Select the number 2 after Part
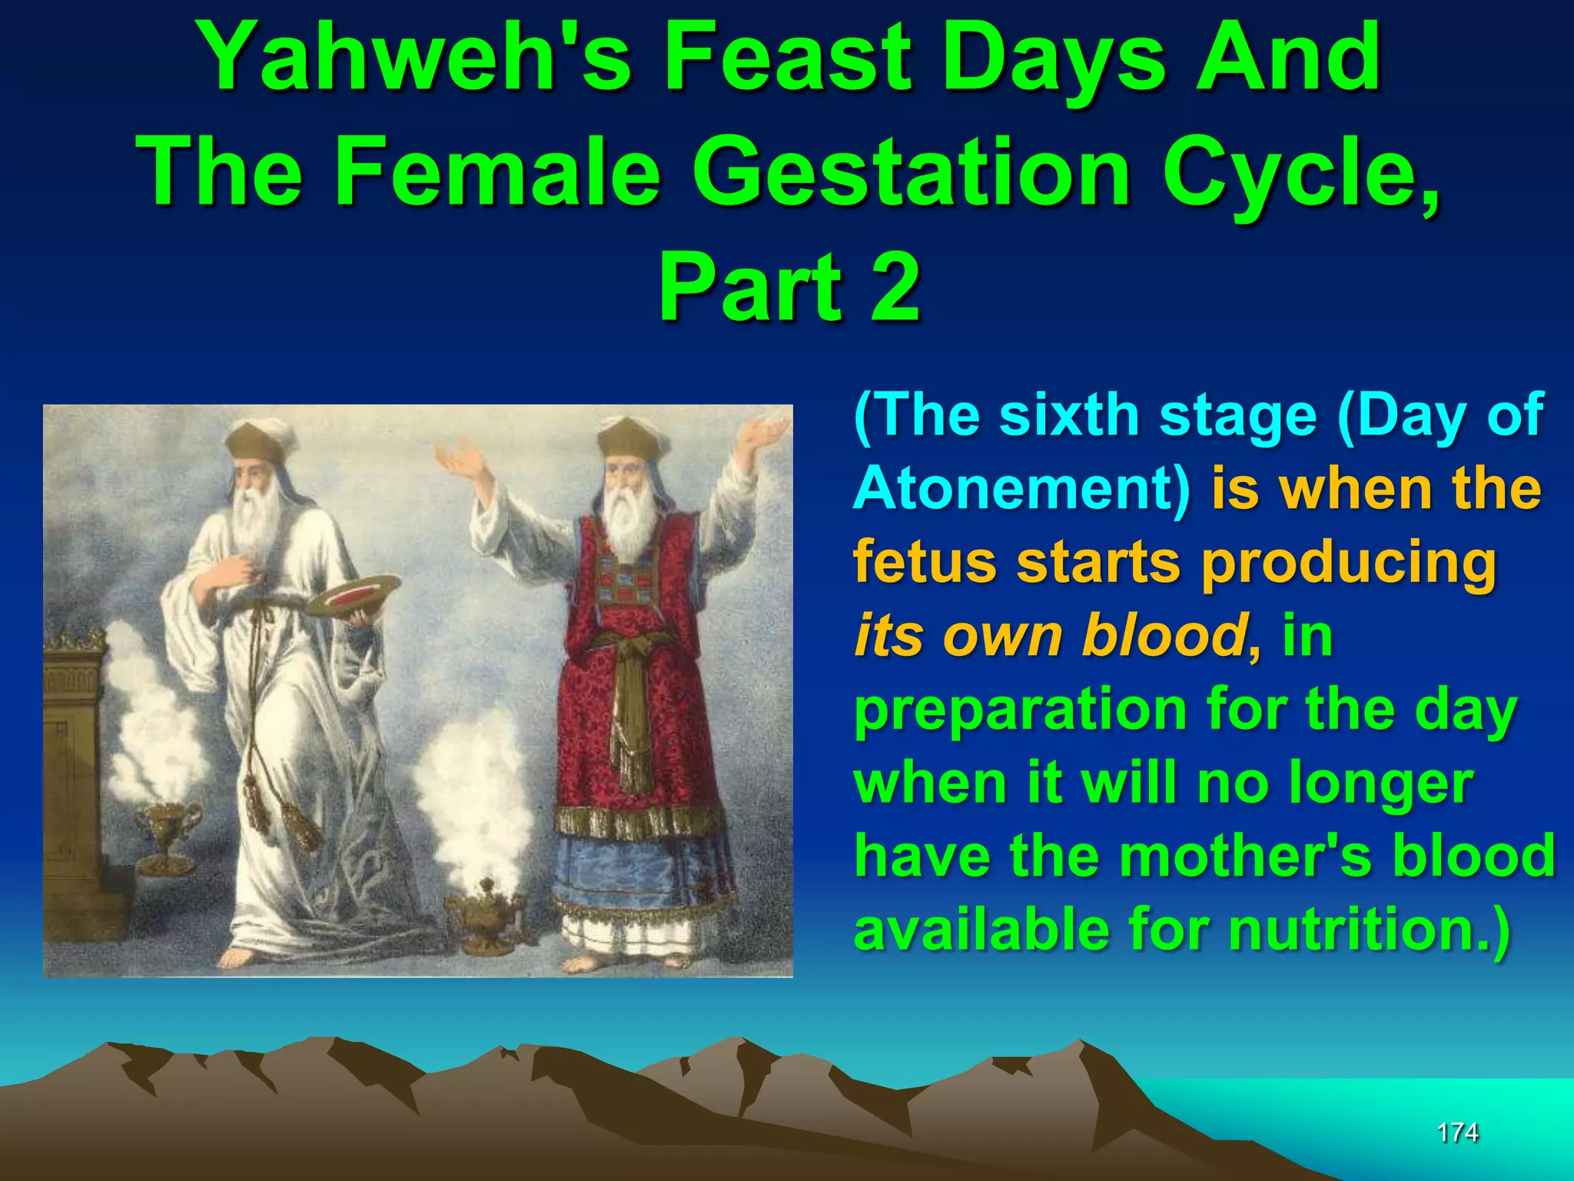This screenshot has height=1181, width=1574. point(895,288)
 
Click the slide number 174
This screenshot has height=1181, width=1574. point(1457,1132)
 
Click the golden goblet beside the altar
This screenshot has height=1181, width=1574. point(166,834)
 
